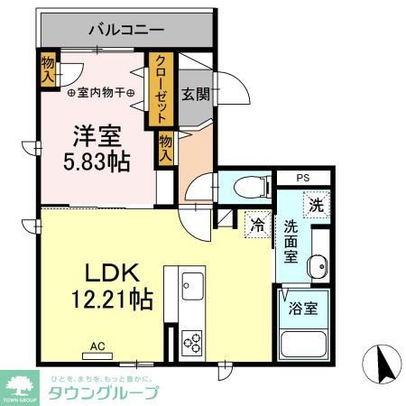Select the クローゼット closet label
[x=161, y=88]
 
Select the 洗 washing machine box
[x=315, y=205]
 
